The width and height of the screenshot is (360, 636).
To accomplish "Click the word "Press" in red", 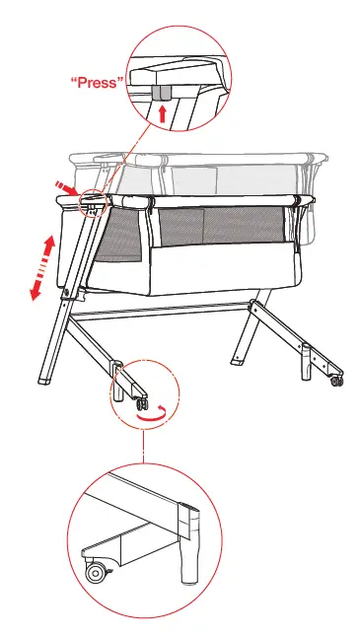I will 97,83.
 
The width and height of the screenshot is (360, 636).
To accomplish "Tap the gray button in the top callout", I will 163,92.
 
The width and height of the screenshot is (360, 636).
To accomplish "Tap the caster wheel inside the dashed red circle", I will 141,403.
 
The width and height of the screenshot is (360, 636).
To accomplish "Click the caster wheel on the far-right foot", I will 337,380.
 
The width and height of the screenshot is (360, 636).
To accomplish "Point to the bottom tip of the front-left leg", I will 44,381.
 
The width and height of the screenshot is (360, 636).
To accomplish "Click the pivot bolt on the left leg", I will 65,293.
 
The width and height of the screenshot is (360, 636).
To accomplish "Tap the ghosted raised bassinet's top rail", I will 197,157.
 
